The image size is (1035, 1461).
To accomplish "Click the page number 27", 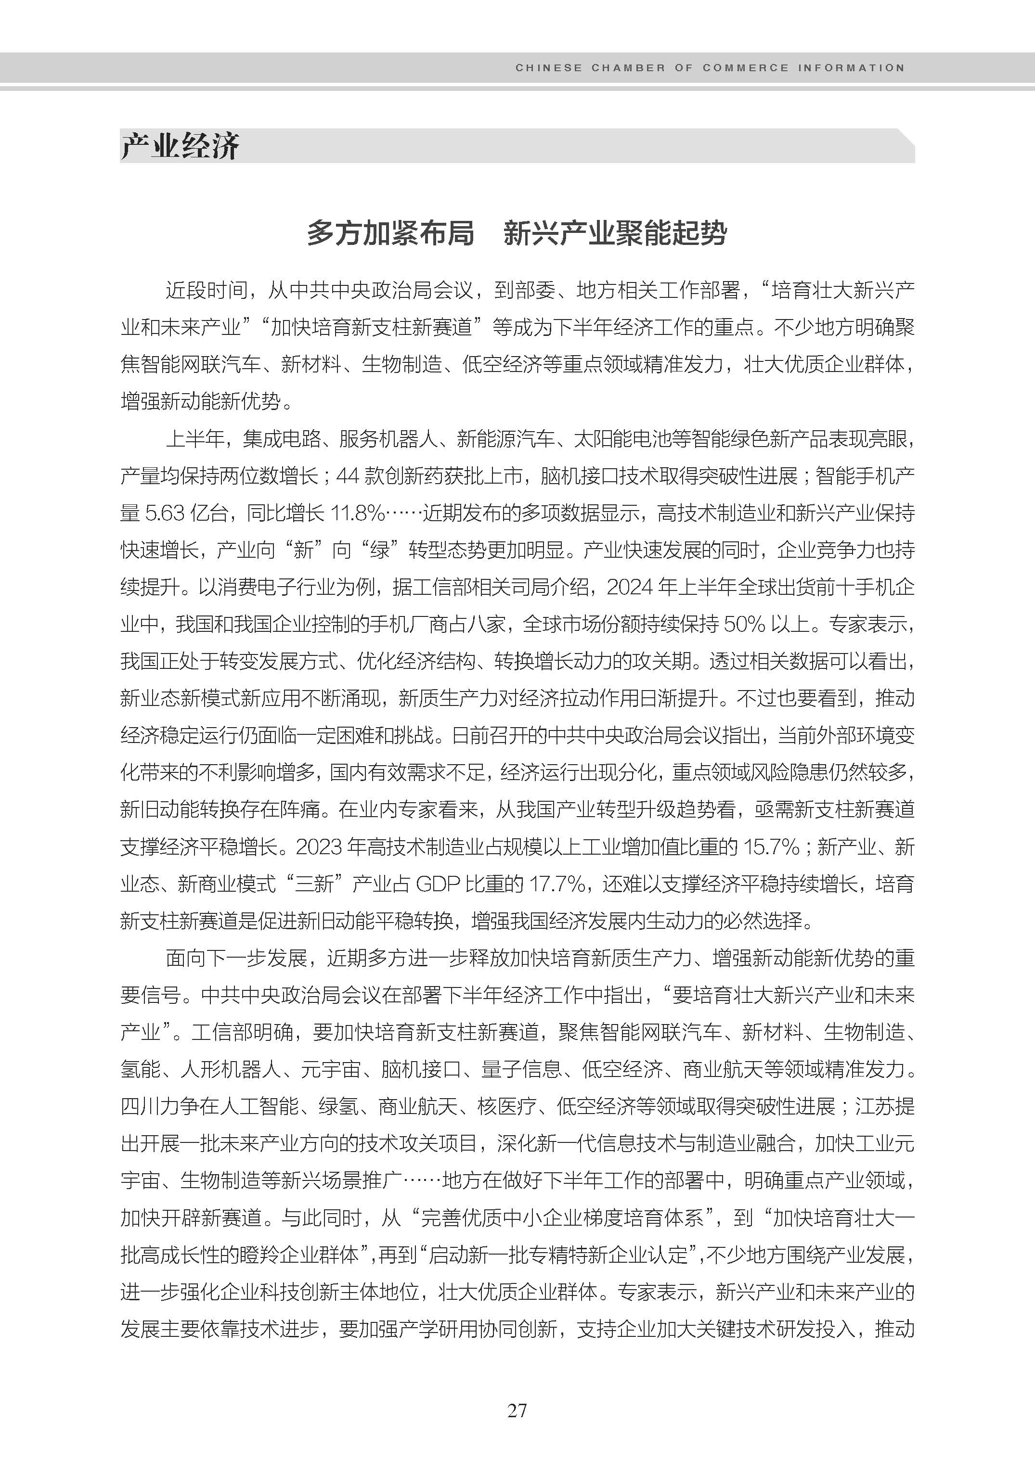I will coord(517,1410).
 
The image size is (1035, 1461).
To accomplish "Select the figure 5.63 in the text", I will coord(165,513).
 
